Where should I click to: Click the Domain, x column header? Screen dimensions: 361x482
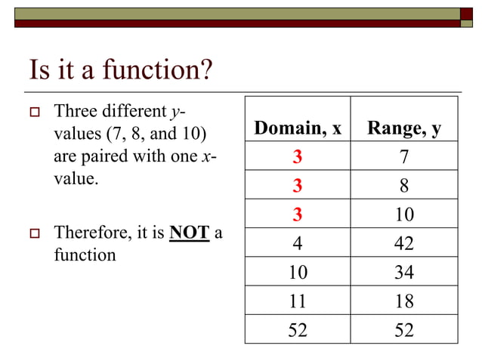(298, 129)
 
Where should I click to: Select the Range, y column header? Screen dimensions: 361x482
(404, 129)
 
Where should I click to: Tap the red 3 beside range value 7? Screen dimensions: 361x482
(298, 158)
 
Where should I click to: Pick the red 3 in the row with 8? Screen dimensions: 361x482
(298, 187)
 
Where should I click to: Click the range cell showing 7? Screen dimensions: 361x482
(404, 158)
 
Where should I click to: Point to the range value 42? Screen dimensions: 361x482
(404, 244)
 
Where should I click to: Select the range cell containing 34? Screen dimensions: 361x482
(404, 273)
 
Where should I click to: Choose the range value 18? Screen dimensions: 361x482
(404, 301)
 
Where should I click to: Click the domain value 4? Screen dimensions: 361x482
(298, 244)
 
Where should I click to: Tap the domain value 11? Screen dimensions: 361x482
(298, 301)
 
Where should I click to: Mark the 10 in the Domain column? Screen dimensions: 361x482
(298, 273)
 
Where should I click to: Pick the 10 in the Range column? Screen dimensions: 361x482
(404, 215)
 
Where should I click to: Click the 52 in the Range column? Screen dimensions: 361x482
(404, 330)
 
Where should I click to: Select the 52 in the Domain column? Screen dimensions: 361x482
(298, 330)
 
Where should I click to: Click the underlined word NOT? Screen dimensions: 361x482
(190, 233)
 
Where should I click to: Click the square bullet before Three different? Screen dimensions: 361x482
(34, 113)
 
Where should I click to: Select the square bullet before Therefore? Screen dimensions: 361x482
(34, 233)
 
